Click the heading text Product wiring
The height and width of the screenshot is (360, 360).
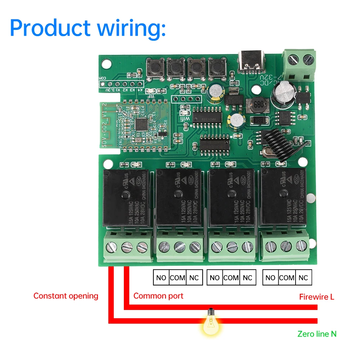coord(87,28)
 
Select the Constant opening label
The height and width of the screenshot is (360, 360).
coord(66,296)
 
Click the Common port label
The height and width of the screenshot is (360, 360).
coord(158,296)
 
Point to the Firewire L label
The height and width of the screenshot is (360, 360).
coord(317,297)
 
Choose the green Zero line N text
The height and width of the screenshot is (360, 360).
coord(317,334)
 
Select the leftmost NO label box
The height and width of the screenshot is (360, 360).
coord(161,278)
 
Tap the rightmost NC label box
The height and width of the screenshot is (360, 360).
coord(303,278)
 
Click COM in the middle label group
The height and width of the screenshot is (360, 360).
coord(231,278)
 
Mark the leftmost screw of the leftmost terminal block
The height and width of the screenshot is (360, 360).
coord(110,247)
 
